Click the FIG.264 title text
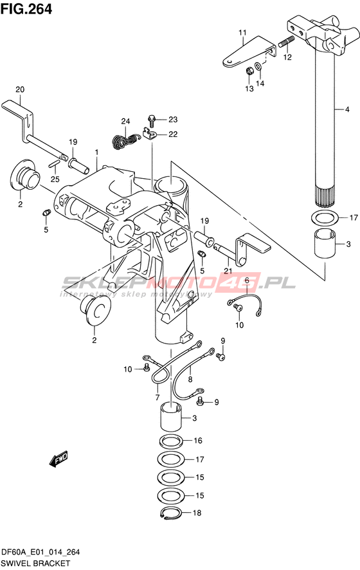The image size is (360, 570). click(26, 9)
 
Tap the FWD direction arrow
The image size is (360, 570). click(58, 459)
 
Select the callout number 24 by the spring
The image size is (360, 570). click(126, 121)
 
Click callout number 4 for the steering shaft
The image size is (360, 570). click(347, 109)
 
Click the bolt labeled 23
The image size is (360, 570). click(152, 120)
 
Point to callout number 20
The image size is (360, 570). click(20, 89)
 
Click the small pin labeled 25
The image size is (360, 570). click(53, 163)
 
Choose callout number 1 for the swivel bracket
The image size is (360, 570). click(97, 152)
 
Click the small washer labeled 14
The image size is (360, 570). click(258, 66)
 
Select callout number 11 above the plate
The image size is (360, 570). click(242, 33)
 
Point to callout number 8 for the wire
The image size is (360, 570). click(190, 380)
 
